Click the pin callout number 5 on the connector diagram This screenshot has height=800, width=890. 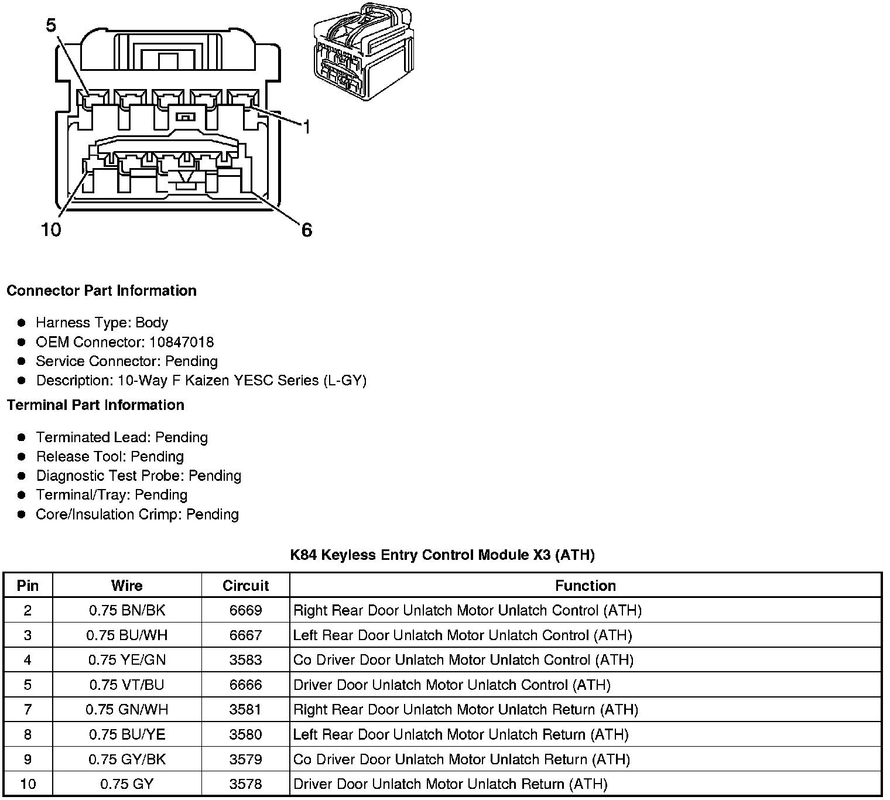(x=51, y=25)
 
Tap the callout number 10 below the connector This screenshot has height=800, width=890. (x=51, y=230)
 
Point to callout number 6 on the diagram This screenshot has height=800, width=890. (x=307, y=230)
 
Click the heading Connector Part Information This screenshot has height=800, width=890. (x=101, y=291)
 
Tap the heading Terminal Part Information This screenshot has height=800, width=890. (x=95, y=405)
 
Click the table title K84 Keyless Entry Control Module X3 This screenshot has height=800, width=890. (x=442, y=555)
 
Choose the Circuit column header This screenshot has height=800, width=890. (x=245, y=586)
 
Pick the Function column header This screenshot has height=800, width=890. (x=585, y=586)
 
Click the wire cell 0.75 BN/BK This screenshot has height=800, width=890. (x=127, y=611)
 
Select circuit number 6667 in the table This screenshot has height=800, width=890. (x=245, y=635)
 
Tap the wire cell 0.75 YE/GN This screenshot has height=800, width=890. (x=127, y=660)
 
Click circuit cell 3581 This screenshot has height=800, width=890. (x=245, y=710)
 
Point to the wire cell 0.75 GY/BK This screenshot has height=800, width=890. (x=127, y=760)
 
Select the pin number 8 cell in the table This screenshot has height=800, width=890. (x=28, y=734)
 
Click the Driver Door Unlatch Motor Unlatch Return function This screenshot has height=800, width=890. (x=450, y=784)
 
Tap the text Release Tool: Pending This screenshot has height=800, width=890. (x=109, y=457)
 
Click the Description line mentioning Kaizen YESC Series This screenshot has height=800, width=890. (x=201, y=381)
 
